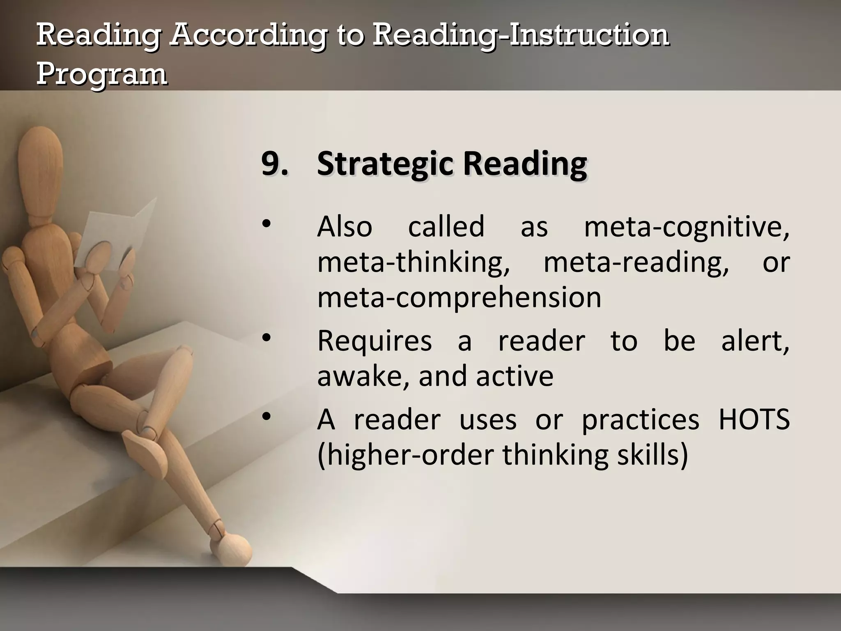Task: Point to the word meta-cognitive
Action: click(x=686, y=227)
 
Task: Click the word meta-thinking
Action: click(x=414, y=262)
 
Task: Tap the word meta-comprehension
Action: click(x=459, y=297)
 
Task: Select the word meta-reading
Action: click(x=636, y=262)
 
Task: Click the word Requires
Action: click(x=375, y=341)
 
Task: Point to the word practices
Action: click(x=640, y=420)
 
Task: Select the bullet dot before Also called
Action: click(x=266, y=224)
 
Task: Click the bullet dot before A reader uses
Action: click(x=266, y=417)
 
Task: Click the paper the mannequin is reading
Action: click(x=119, y=230)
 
